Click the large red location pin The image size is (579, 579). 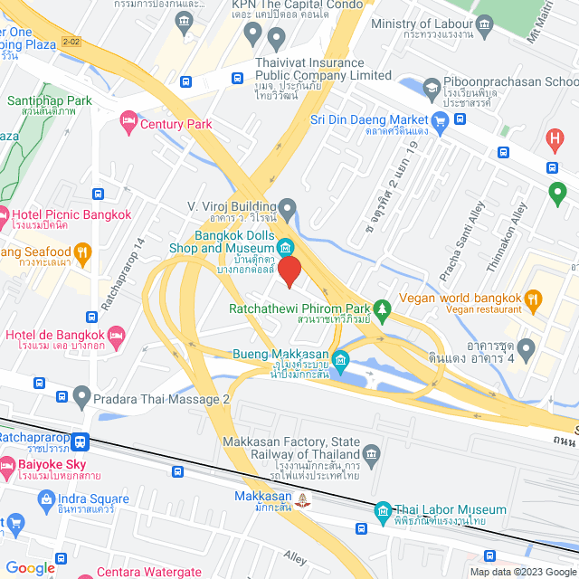click(x=289, y=271)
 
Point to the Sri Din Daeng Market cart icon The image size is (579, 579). click(x=441, y=120)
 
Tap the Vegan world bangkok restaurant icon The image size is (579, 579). click(x=534, y=298)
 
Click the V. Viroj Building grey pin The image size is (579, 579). click(x=288, y=209)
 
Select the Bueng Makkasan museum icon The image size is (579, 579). click(x=340, y=361)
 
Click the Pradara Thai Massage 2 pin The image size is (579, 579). click(x=82, y=396)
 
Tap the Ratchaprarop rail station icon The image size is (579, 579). click(x=82, y=441)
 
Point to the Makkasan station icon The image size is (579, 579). click(x=303, y=498)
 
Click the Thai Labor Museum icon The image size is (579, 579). click(x=383, y=511)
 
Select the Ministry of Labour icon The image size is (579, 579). click(x=483, y=24)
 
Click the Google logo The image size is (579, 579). click(x=30, y=567)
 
